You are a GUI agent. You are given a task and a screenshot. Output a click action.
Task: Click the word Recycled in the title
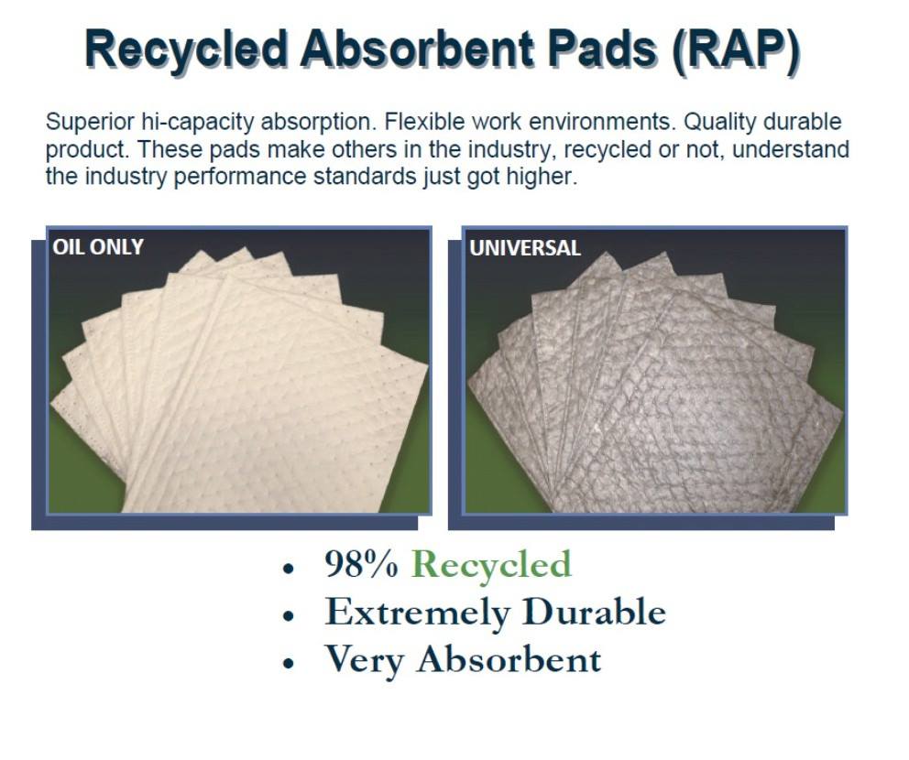187,49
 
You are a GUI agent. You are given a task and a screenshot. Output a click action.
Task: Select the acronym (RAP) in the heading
736,49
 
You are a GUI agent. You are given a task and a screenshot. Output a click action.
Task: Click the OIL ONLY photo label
98,247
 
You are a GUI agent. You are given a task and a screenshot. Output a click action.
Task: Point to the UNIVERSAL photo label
525,248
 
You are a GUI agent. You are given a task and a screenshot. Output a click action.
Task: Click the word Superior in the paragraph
92,122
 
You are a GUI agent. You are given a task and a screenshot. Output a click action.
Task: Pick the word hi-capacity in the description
199,123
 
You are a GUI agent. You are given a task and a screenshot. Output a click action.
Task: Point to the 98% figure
362,564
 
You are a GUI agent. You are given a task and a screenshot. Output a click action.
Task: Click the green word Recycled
491,565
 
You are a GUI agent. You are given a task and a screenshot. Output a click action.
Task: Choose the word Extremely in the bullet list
418,613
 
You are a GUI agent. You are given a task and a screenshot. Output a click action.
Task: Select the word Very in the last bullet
364,661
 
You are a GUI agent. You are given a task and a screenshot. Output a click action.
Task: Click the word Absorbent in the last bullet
509,658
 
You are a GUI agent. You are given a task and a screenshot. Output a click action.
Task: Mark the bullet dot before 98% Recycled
288,569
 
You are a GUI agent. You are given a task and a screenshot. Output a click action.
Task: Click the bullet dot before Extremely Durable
288,615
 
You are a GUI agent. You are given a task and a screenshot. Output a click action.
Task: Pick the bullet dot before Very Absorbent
288,663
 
